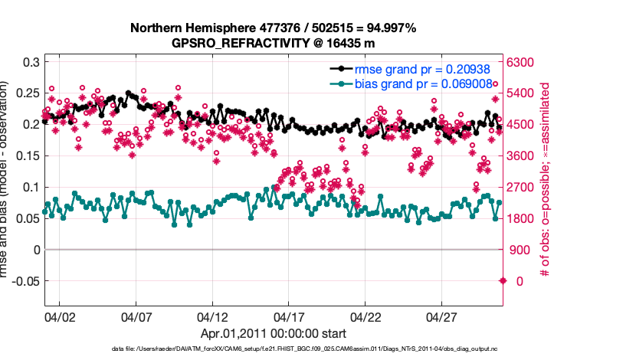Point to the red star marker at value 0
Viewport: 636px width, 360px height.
(503, 281)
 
